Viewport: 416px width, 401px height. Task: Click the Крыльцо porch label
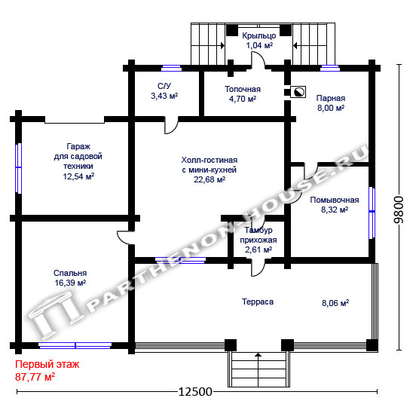(x=259, y=36)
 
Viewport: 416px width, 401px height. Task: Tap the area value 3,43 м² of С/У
(x=164, y=96)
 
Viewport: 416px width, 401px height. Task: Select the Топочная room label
(x=243, y=89)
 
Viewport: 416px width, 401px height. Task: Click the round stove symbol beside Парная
(x=298, y=92)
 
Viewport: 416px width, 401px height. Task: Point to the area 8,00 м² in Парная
(x=331, y=108)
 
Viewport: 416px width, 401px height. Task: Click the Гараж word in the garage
(x=78, y=146)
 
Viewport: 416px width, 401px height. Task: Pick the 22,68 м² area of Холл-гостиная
(x=210, y=179)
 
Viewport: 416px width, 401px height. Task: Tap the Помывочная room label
(x=335, y=200)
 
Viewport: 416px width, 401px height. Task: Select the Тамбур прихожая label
(x=258, y=235)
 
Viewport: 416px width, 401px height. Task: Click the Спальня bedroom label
(x=70, y=273)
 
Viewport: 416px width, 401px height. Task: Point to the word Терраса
(x=258, y=302)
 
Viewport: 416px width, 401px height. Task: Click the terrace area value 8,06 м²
(x=335, y=303)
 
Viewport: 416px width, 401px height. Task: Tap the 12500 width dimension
(x=195, y=392)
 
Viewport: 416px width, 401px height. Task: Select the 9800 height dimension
(x=399, y=210)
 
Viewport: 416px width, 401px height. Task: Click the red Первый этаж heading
(x=47, y=364)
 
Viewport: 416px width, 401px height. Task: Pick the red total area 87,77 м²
(x=35, y=377)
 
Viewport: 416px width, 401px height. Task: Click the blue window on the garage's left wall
(x=18, y=168)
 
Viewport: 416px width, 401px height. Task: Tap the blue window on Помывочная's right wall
(x=372, y=213)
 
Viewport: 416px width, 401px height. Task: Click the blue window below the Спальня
(x=75, y=345)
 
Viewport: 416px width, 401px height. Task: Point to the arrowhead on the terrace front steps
(x=258, y=354)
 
